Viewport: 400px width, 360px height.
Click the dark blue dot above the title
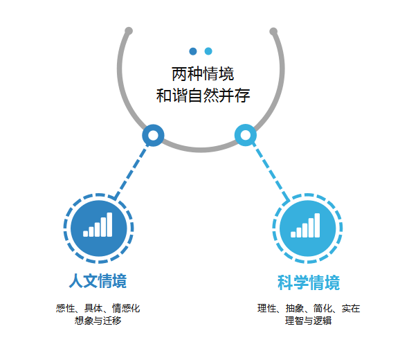coord(193,51)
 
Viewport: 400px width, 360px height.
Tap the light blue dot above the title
coord(208,51)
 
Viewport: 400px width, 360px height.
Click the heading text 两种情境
coord(203,74)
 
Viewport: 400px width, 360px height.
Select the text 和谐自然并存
coord(203,96)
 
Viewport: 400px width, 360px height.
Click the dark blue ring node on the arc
coord(153,136)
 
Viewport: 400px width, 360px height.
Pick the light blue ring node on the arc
coord(246,135)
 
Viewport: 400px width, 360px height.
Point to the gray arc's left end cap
coord(129,31)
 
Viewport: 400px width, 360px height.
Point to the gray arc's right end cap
coord(273,31)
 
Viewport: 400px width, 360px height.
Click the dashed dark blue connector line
coord(131,172)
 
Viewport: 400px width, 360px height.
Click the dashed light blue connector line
coord(271,172)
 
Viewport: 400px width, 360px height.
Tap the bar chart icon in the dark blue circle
coord(98,225)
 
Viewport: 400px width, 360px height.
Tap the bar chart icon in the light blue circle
coord(305,225)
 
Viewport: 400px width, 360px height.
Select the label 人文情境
coord(98,281)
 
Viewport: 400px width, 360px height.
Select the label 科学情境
coord(309,282)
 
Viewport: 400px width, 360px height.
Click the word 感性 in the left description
coord(66,308)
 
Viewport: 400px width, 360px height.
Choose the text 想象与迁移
coord(98,321)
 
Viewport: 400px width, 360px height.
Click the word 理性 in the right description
coord(267,308)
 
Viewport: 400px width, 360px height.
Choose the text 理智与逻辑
coord(309,321)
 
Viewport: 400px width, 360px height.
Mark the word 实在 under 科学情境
coord(351,308)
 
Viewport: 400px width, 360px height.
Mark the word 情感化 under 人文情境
coord(126,308)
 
